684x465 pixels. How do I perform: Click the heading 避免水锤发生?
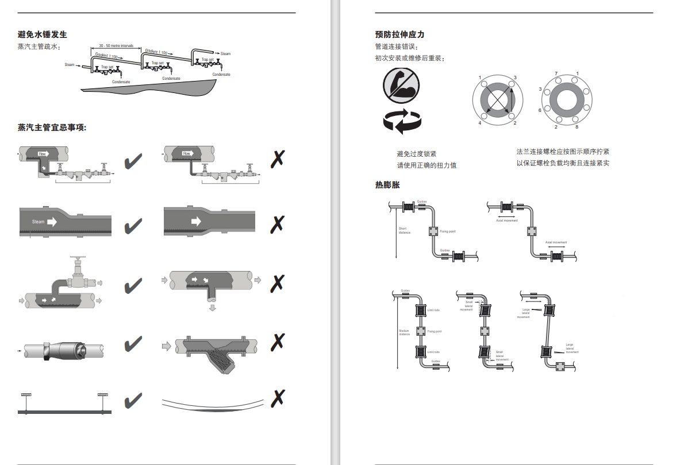coord(43,35)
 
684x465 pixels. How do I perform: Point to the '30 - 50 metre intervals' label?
coord(117,45)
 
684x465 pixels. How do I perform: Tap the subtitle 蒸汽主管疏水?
coord(39,47)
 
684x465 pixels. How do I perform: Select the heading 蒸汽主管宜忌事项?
coord(52,127)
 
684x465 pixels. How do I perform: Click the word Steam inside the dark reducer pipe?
coord(39,222)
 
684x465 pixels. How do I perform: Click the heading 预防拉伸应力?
coord(399,35)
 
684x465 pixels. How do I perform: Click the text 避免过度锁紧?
coord(417,154)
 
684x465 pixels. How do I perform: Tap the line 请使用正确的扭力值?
coord(426,166)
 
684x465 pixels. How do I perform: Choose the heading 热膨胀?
coord(387,185)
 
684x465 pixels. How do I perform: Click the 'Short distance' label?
coord(404,231)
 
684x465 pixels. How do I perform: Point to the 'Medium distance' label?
coord(404,332)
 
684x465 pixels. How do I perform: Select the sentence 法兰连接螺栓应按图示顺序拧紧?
coord(563,152)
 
